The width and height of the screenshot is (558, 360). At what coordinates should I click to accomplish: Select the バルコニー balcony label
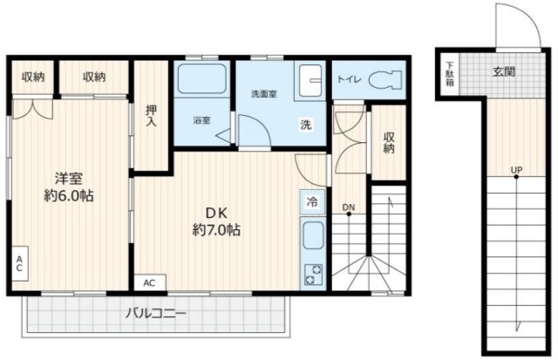click(x=155, y=312)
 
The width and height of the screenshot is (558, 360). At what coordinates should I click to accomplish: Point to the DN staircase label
click(x=348, y=207)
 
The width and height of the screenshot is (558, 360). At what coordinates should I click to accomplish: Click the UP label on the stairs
click(x=517, y=169)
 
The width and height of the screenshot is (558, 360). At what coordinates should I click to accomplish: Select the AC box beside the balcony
click(x=149, y=282)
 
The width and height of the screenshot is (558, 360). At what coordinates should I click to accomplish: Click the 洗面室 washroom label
click(x=264, y=94)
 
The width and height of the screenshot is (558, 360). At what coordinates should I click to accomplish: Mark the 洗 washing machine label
click(x=306, y=125)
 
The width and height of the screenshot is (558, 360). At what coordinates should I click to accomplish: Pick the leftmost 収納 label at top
click(x=34, y=77)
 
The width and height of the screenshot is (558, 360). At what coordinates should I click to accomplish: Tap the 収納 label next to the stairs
click(x=388, y=142)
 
